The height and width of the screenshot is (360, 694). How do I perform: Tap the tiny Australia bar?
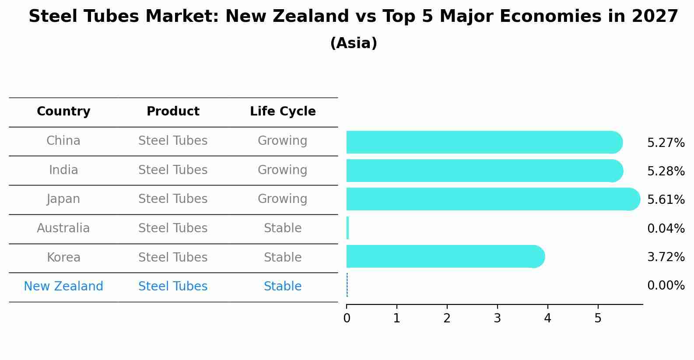[x=347, y=228]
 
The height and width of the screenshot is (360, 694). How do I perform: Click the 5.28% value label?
[x=666, y=171]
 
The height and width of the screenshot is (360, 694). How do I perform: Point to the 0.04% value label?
[x=666, y=228]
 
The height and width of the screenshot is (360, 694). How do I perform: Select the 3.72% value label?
[x=666, y=257]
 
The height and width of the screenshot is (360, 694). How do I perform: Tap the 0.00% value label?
[x=666, y=286]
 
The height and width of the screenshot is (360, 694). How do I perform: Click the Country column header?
[x=63, y=112]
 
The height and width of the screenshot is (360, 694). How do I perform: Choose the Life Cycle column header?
[x=283, y=112]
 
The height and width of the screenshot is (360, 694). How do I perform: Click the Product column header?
[x=173, y=112]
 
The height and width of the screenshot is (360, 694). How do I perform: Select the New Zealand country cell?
[x=63, y=286]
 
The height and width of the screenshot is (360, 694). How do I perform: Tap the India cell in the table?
[x=63, y=170]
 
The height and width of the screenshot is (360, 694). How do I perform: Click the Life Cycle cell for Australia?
[x=283, y=228]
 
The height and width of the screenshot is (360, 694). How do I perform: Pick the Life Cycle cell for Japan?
[x=283, y=199]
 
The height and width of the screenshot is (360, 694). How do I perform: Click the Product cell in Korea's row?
[x=173, y=257]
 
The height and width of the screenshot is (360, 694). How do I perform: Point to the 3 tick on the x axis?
[x=497, y=318]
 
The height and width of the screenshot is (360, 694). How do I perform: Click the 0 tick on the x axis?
[x=347, y=318]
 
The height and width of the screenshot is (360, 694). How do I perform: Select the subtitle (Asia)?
[x=354, y=43]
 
